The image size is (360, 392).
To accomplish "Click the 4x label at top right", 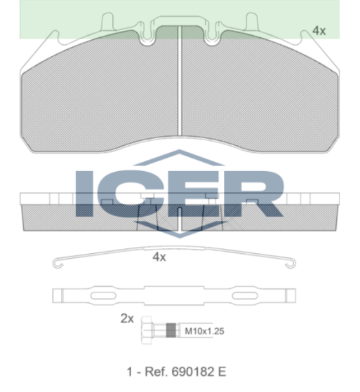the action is (x=319, y=31).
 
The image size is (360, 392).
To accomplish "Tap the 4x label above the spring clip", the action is (x=159, y=257).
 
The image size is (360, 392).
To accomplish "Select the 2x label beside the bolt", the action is (x=127, y=319).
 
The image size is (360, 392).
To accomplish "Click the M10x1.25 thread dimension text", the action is (x=204, y=331).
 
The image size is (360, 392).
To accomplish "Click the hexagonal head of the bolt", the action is (x=147, y=330).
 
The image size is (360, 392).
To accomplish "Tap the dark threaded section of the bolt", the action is (x=171, y=330).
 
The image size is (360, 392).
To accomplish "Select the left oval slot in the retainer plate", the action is (x=103, y=296).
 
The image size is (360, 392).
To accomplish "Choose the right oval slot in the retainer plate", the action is (x=245, y=296).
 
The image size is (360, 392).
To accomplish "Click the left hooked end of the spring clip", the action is (x=58, y=264).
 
